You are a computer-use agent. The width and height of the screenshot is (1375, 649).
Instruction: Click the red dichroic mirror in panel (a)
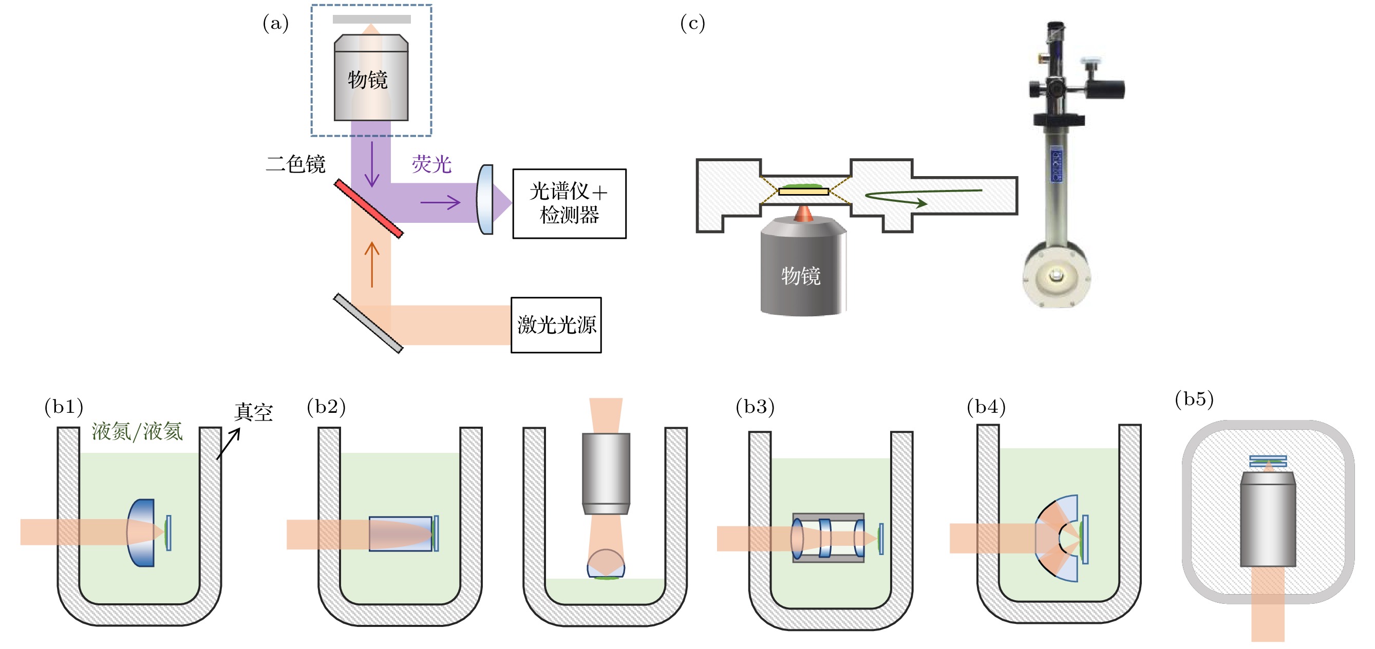point(368,208)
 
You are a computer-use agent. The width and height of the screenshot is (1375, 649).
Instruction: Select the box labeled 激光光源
point(556,324)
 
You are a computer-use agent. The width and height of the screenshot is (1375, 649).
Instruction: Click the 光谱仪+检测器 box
point(569,203)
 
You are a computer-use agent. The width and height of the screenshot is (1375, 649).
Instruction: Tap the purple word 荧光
point(431,164)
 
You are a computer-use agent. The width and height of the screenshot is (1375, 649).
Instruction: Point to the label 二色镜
point(295,164)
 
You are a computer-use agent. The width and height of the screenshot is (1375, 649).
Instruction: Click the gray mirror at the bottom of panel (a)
point(368,323)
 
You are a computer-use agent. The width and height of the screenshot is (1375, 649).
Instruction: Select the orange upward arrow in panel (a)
point(371,264)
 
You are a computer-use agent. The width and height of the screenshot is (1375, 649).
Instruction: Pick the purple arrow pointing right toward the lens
point(440,202)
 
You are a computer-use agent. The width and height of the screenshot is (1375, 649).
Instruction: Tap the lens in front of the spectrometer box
point(485,200)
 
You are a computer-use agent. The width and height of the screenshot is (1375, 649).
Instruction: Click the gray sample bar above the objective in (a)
point(371,19)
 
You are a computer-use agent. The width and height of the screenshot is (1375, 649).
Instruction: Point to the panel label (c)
point(692,23)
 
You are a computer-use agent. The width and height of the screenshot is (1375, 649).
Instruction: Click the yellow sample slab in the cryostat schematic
point(803,191)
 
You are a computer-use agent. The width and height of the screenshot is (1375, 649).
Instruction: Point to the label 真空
point(254,412)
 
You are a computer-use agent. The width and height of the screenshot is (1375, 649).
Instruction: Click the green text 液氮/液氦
point(137,431)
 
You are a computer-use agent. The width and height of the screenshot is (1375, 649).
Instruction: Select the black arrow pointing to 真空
point(229,443)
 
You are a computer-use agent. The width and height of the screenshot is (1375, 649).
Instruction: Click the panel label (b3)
point(755,407)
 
